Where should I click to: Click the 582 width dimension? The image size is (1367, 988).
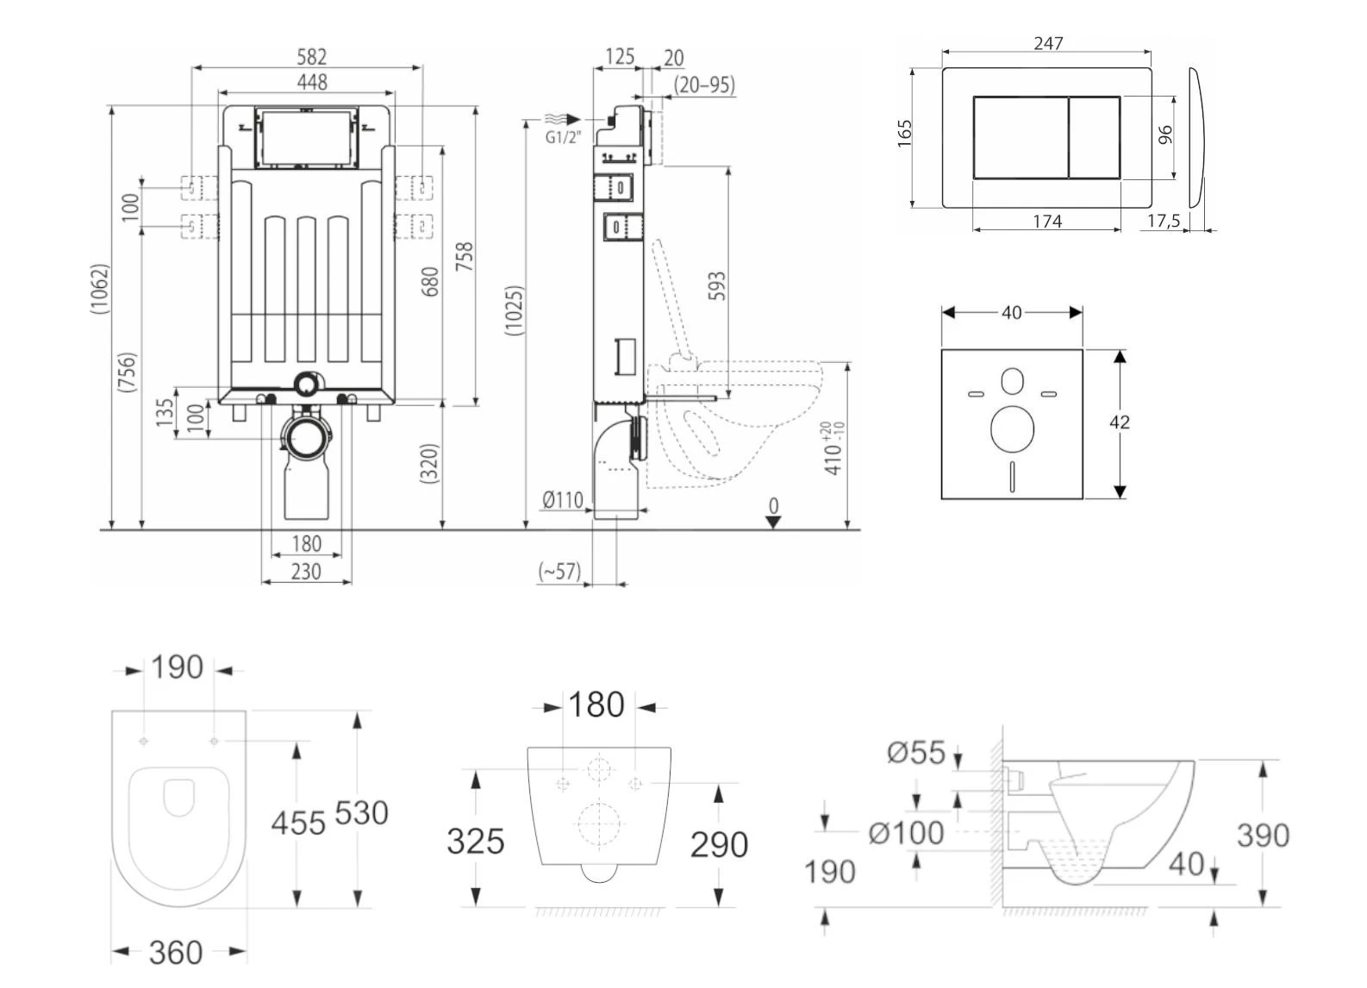(311, 57)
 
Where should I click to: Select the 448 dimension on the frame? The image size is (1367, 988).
(311, 82)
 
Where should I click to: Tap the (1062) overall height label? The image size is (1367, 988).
(100, 289)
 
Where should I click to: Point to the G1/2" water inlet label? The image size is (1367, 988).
(563, 137)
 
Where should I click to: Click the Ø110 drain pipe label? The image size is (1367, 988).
(563, 499)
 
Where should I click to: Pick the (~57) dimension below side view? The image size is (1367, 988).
(559, 571)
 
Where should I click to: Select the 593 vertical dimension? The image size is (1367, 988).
(716, 286)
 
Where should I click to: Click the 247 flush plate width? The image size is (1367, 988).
(1048, 43)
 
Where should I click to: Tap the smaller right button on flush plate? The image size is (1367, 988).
(1095, 137)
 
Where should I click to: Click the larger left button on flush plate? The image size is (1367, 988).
(1021, 137)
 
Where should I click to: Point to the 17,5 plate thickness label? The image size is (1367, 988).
(1163, 222)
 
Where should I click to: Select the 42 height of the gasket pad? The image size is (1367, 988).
(1119, 422)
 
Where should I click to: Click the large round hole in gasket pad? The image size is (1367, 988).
(1012, 429)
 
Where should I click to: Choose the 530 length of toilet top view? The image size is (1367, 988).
(361, 813)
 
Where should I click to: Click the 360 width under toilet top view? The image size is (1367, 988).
(176, 953)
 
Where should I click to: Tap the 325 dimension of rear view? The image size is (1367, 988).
(475, 841)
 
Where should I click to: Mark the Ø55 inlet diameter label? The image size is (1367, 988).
(916, 753)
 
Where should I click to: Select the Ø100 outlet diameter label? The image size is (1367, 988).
(906, 833)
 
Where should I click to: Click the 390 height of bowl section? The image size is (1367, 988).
(1263, 835)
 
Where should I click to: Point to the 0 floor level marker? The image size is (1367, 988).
(773, 506)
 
